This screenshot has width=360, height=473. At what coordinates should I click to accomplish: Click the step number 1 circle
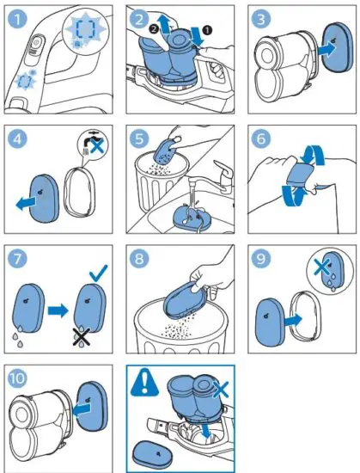(17, 19)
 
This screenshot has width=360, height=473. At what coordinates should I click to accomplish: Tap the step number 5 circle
(139, 138)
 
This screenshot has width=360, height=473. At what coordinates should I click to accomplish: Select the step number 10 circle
(17, 378)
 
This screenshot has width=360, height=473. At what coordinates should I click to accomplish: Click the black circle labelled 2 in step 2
(154, 29)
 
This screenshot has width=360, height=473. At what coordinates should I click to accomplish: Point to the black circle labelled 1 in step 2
(208, 29)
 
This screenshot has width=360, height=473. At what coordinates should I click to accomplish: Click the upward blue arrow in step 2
(164, 25)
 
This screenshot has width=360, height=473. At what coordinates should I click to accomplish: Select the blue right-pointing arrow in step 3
(326, 48)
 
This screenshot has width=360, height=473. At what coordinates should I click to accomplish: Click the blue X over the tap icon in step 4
(97, 145)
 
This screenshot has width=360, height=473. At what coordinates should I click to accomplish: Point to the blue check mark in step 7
(98, 273)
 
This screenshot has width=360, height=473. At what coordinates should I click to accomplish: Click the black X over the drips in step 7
(82, 337)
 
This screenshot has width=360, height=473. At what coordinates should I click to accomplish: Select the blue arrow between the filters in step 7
(58, 310)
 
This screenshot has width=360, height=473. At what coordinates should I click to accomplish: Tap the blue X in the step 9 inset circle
(320, 267)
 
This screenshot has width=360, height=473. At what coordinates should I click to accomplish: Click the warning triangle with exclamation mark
(144, 382)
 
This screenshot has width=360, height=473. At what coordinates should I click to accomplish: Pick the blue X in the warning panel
(221, 389)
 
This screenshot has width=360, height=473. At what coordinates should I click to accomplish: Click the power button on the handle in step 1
(36, 43)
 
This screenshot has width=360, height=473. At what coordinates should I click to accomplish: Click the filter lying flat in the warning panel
(152, 455)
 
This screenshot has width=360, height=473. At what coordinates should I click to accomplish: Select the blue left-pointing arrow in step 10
(82, 410)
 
